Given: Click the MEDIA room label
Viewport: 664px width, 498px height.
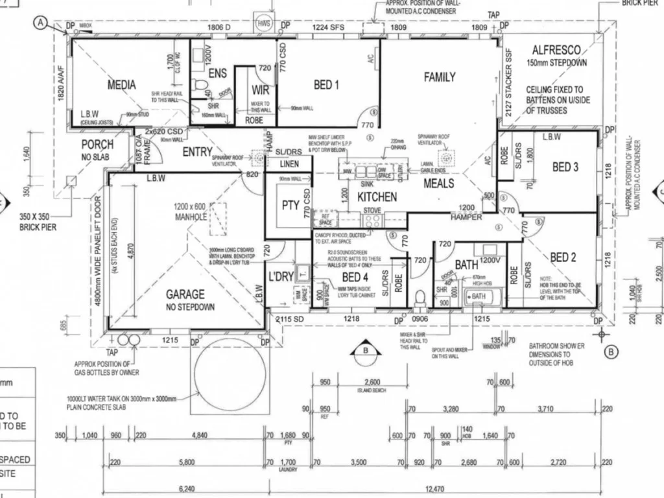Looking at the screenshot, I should pyautogui.click(x=121, y=85).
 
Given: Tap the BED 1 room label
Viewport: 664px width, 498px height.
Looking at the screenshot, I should pyautogui.click(x=326, y=84).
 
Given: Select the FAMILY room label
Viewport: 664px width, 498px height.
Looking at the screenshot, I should pyautogui.click(x=440, y=77).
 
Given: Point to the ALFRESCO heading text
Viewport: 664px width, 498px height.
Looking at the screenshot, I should pyautogui.click(x=556, y=50).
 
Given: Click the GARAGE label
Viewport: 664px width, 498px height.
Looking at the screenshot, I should pyautogui.click(x=185, y=294).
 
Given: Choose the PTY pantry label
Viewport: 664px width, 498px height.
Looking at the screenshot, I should pyautogui.click(x=290, y=206).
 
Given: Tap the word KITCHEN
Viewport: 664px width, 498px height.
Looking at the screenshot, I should pyautogui.click(x=377, y=196).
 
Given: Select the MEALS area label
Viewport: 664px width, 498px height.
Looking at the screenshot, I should pyautogui.click(x=439, y=184).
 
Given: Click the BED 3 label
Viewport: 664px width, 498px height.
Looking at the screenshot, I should pyautogui.click(x=565, y=167).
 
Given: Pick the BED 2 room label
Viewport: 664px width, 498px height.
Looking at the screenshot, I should pyautogui.click(x=563, y=257).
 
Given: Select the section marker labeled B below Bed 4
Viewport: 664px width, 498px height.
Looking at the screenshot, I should pyautogui.click(x=366, y=352).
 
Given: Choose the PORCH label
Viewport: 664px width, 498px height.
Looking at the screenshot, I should pyautogui.click(x=97, y=144).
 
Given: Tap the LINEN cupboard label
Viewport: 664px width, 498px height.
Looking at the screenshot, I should pyautogui.click(x=289, y=163).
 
